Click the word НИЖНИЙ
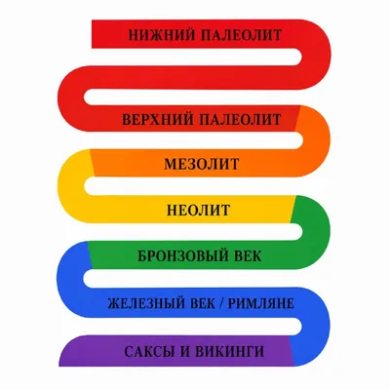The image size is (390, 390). [160, 35]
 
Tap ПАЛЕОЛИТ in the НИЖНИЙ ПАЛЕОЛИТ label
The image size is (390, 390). [241, 35]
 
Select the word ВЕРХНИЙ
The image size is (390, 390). [156, 119]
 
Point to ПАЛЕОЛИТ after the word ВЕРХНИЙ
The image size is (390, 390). [240, 119]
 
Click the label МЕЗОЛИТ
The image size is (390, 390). [202, 164]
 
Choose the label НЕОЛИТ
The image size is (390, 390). [199, 211]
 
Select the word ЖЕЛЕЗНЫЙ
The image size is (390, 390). [145, 304]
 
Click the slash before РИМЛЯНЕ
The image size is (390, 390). [221, 304]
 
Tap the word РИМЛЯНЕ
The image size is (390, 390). [261, 304]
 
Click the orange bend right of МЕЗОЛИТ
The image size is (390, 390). [317, 141]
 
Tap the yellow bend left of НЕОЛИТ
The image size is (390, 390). [71, 186]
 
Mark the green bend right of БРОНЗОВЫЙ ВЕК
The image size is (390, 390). [317, 232]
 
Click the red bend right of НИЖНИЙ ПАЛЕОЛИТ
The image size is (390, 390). [317, 55]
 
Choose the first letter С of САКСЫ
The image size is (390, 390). [129, 352]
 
